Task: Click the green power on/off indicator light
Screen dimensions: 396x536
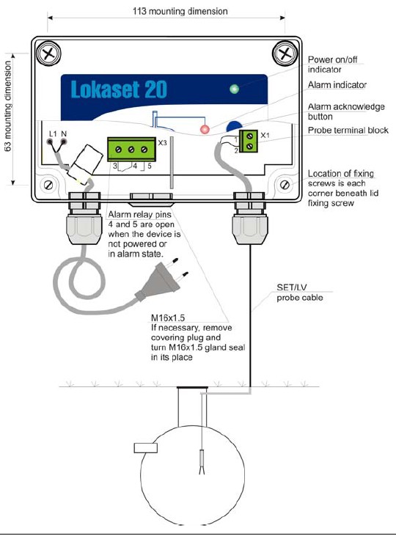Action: pos(234,89)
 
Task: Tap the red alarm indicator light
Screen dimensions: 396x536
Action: pos(205,130)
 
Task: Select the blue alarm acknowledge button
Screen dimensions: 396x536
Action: pos(234,126)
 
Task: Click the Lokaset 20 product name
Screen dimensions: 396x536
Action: pos(119,89)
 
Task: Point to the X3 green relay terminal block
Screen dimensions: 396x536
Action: pos(132,149)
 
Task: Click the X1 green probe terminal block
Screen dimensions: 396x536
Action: pos(249,141)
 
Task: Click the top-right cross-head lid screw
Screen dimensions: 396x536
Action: pos(285,54)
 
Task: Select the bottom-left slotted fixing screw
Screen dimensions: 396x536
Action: pos(48,185)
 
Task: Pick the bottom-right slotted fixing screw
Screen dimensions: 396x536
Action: pos(285,185)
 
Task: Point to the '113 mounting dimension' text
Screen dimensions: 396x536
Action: pos(180,11)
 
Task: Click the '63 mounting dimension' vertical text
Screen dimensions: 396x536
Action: pos(8,106)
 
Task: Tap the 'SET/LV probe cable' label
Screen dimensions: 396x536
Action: pos(299,293)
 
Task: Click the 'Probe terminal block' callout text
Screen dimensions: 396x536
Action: pos(348,131)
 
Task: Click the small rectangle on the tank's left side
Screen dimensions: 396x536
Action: pos(146,448)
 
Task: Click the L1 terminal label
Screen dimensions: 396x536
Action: pos(53,134)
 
